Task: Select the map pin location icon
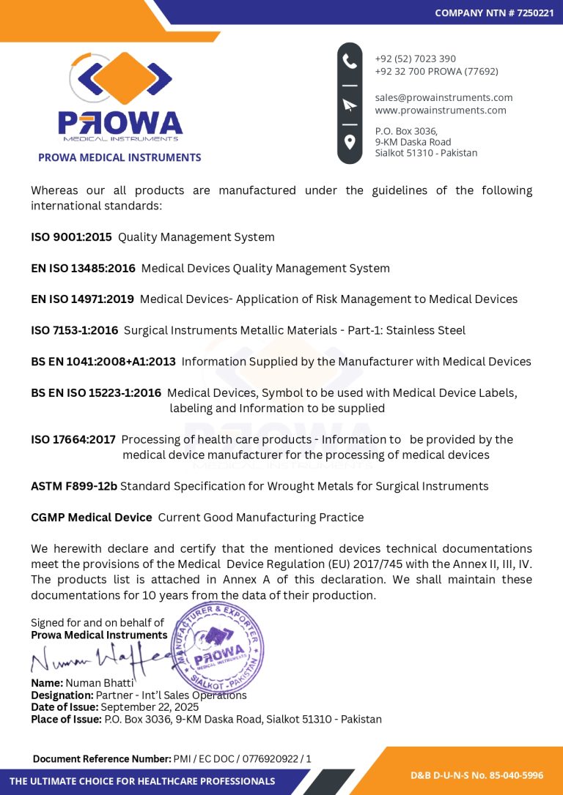pyautogui.click(x=350, y=141)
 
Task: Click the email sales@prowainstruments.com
pyautogui.click(x=444, y=97)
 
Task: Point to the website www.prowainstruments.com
pyautogui.click(x=440, y=110)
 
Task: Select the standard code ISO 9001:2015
pyautogui.click(x=71, y=237)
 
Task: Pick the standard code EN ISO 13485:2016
pyautogui.click(x=83, y=268)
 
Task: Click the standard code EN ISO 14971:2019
pyautogui.click(x=82, y=299)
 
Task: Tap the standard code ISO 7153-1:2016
pyautogui.click(x=74, y=330)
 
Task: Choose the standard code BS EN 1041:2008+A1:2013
pyautogui.click(x=103, y=361)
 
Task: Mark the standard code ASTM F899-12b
pyautogui.click(x=74, y=486)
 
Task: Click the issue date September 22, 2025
pyautogui.click(x=150, y=707)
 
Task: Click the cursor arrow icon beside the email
pyautogui.click(x=350, y=104)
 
